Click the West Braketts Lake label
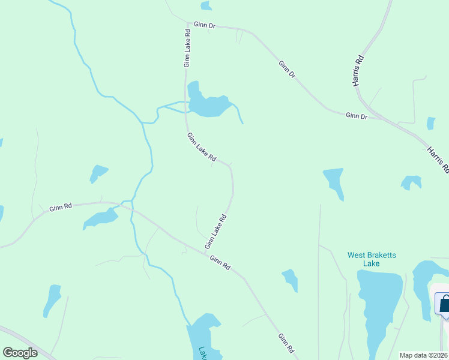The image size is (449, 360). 372,259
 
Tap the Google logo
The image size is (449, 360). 20,353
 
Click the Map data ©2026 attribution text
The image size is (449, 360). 424,355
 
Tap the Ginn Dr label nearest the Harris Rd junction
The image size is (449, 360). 356,115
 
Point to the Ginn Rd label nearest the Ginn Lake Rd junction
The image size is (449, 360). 220,262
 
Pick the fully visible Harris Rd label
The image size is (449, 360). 359,71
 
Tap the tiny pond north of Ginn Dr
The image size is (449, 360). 206,6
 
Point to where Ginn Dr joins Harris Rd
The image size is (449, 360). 384,118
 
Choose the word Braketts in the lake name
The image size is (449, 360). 380,254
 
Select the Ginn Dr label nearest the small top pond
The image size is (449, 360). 205,26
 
